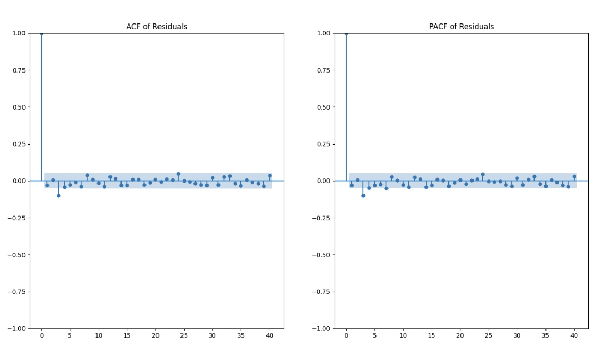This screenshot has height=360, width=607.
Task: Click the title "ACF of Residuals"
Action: (x=156, y=27)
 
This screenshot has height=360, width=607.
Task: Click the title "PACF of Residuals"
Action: (x=462, y=27)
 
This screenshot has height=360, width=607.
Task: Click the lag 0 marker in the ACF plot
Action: (x=41, y=33)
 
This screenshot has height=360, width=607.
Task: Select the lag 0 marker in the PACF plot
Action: (x=346, y=33)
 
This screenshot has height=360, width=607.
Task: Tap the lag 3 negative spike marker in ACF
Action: (x=58, y=196)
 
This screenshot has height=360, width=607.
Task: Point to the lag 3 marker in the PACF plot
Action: (x=363, y=196)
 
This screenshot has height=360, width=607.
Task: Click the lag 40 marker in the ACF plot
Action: (x=270, y=176)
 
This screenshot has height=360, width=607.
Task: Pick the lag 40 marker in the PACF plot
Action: (x=574, y=176)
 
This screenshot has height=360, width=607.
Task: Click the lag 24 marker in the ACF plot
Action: (x=178, y=174)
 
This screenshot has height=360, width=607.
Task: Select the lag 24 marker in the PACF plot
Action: (x=483, y=174)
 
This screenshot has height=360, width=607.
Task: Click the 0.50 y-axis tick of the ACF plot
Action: (x=19, y=107)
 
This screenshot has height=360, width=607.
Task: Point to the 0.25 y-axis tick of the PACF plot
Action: (x=323, y=144)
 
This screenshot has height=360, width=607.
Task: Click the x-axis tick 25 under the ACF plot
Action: (x=184, y=335)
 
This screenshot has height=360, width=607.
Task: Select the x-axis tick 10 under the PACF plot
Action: (x=403, y=335)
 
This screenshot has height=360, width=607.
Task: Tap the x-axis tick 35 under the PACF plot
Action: (x=545, y=335)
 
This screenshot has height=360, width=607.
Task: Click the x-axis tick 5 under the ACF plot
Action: (x=70, y=335)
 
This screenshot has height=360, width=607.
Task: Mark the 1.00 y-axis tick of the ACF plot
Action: (x=19, y=33)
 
